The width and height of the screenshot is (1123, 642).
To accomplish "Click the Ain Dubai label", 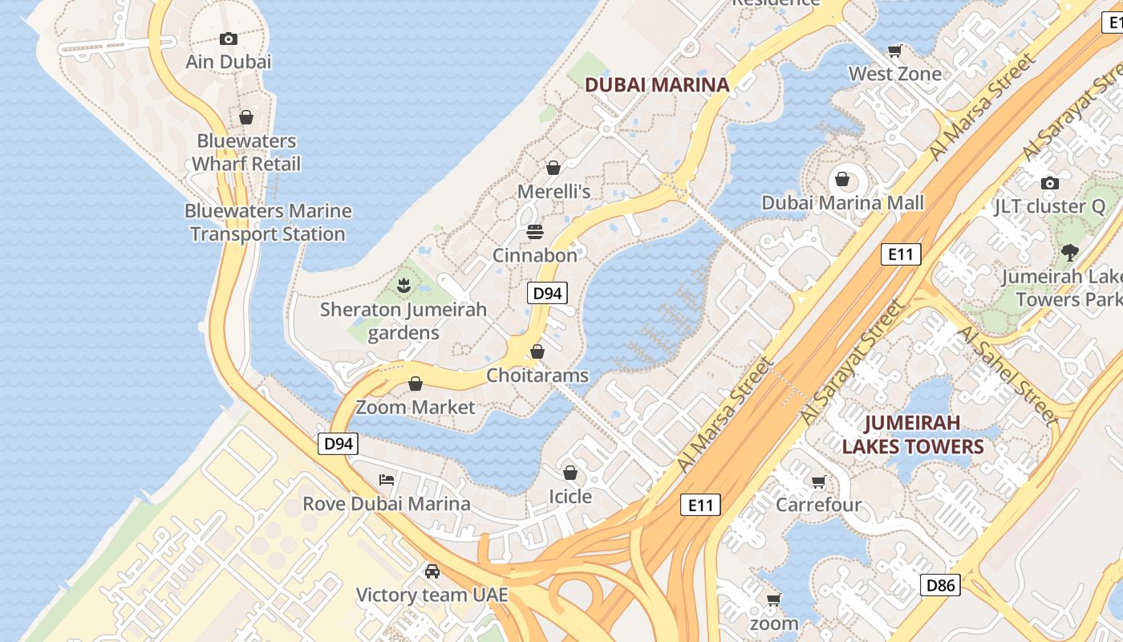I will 229,62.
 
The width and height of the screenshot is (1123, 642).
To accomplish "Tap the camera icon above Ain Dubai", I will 229,39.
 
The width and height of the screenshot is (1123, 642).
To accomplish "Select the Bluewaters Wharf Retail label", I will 247,152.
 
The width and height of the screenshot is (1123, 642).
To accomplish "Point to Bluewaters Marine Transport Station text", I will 268,222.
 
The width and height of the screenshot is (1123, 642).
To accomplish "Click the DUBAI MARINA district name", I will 657,85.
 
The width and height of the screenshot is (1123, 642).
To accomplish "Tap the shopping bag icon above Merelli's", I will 553,168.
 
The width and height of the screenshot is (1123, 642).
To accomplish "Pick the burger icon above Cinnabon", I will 535,232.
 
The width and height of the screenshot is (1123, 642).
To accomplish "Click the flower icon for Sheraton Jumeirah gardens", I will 403,285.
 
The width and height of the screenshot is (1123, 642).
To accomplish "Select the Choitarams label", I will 537,376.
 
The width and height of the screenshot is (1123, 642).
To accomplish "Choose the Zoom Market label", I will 416,408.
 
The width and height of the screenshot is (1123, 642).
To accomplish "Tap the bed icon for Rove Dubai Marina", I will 387,480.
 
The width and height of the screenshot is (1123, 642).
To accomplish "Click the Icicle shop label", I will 570,497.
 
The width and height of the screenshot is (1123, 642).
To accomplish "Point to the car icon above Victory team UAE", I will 432,571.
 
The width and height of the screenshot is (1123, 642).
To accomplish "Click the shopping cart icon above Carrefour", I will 818,482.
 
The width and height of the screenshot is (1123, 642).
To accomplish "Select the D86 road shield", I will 939,585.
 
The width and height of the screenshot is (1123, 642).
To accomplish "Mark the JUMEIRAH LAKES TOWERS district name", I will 913,434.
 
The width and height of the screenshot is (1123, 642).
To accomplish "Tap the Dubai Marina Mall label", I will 842,203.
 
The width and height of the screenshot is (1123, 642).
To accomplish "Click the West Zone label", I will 895,74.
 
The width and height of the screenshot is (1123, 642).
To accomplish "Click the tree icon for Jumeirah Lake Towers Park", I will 1069,253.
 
